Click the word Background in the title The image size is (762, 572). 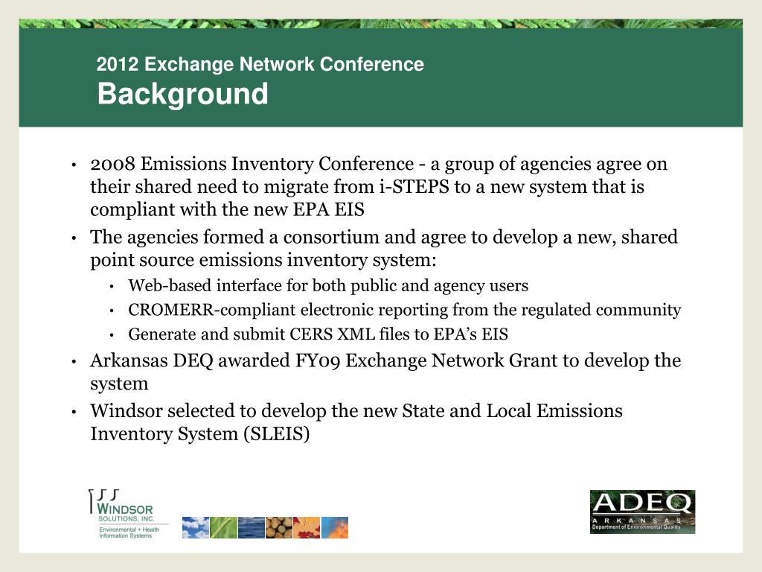[x=182, y=95]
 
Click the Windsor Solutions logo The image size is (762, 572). [x=127, y=515]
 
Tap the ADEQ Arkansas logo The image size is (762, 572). [x=642, y=511]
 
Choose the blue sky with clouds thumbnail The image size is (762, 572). [x=195, y=527]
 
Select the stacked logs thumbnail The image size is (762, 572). [x=278, y=527]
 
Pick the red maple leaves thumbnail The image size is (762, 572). [x=307, y=527]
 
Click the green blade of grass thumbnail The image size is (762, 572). [x=223, y=527]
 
